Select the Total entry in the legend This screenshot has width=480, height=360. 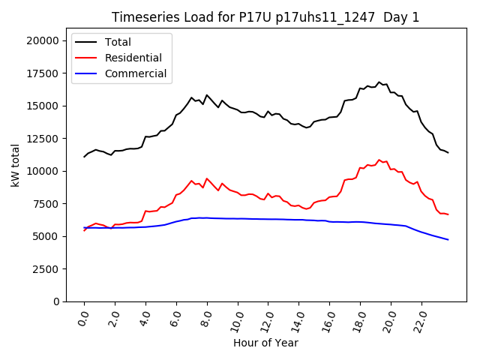pyautogui.click(x=118, y=42)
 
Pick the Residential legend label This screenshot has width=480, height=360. pyautogui.click(x=133, y=58)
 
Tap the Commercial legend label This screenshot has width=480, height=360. pyautogui.click(x=136, y=73)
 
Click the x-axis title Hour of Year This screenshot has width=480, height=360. pyautogui.click(x=265, y=343)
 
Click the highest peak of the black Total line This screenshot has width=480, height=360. pyautogui.click(x=379, y=82)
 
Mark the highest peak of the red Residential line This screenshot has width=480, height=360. pyautogui.click(x=379, y=160)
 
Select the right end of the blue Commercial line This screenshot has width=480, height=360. pyautogui.click(x=448, y=240)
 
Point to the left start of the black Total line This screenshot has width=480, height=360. pyautogui.click(x=84, y=157)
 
